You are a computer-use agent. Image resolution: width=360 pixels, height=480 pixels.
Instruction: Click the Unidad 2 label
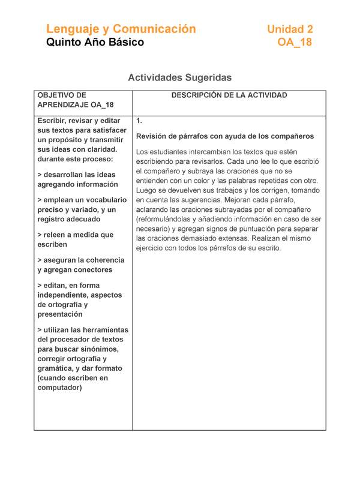pos(290,29)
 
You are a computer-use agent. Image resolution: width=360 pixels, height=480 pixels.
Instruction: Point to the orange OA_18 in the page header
pos(295,43)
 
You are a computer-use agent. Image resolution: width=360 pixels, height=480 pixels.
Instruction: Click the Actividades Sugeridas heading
pos(179,77)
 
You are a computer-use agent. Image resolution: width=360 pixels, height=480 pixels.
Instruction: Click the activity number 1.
pos(139,120)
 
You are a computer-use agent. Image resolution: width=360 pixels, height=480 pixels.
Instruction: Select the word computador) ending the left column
pos(59,387)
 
